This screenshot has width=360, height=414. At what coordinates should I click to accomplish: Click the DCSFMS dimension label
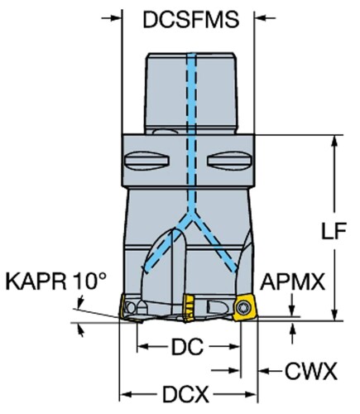191,20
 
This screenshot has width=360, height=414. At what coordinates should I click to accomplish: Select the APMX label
292,282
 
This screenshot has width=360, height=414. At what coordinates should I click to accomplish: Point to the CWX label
311,371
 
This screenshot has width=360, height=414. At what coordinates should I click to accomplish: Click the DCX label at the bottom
185,394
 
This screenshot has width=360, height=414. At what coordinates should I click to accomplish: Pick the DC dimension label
188,347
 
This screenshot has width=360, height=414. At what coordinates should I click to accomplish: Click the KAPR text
36,281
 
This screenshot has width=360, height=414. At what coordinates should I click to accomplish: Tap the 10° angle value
90,281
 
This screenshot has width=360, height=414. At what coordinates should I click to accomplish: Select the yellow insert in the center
189,307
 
